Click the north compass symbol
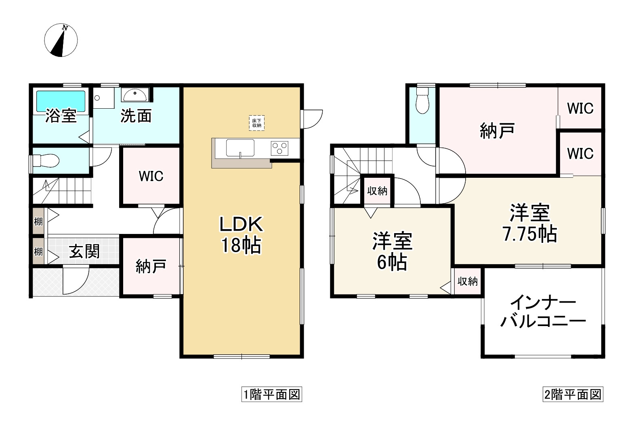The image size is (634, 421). pos(61,40)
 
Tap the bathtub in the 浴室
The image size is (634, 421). pos(61,101)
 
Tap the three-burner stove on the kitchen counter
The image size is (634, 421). pos(279,147)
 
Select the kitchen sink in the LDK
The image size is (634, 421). pos(240,148)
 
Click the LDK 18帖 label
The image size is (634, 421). pos(241,235)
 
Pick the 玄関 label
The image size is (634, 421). pos(84,251)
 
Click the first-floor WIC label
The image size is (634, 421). pos(151,176)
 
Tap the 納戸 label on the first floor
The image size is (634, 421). pos(151,267)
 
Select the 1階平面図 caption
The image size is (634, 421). pos(271,394)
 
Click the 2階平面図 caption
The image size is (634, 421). pos(572,394)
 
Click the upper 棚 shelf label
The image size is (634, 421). pos(38,221)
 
